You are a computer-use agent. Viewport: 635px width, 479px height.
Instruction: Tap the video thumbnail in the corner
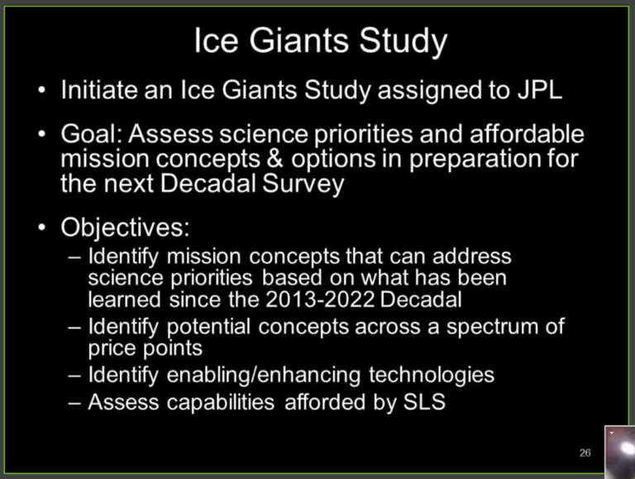tap(620, 452)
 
